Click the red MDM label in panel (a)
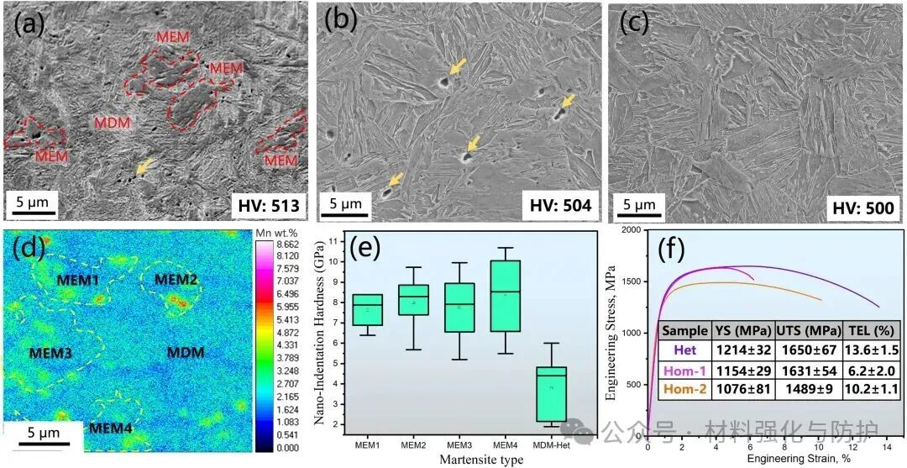pos(112,123)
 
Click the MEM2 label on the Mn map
pos(176,279)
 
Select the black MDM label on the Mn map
pos(184,352)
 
